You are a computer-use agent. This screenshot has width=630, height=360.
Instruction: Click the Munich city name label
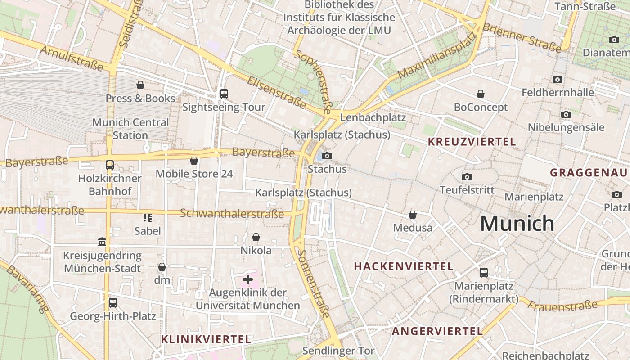pos(517,223)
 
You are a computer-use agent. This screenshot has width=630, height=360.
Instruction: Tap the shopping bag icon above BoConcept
pos(481,94)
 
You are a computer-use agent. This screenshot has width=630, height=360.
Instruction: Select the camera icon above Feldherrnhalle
pos(558,80)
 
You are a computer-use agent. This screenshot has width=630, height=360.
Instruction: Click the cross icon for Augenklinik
pos(247,279)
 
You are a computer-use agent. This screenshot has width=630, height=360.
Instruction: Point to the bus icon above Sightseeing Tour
pos(224,94)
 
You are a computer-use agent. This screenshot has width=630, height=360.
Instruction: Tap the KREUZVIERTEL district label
pos(472,142)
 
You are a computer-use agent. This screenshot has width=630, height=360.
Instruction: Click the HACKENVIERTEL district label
pos(404,266)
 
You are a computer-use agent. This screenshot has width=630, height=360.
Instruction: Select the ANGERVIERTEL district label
pos(437,331)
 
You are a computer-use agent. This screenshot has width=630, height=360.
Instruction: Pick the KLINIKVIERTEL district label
pos(206,339)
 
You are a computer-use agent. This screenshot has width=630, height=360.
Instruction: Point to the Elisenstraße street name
pos(276,92)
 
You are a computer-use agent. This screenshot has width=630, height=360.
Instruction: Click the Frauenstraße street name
pos(562,306)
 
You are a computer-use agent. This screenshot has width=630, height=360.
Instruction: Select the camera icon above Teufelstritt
pos(467,177)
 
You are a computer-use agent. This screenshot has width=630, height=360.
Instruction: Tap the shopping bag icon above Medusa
pos(412,215)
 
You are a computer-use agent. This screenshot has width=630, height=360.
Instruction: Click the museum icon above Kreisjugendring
pos(102,242)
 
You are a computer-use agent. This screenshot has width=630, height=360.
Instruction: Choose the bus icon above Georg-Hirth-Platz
pos(112,302)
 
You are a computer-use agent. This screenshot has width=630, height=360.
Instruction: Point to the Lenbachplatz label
pos(373,117)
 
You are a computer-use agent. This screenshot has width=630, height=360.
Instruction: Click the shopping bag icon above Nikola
pos(256,237)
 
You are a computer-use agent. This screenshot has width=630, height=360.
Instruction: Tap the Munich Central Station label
pos(130,129)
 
